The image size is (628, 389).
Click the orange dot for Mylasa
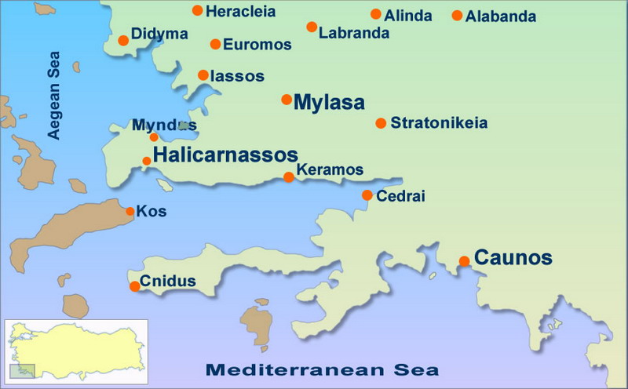point(287,100)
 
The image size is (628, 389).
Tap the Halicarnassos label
point(225,155)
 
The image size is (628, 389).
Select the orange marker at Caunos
point(465,261)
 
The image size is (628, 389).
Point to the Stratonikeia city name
point(439,123)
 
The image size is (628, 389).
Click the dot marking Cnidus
point(135,285)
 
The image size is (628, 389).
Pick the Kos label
point(152,211)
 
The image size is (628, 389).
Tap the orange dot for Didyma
point(123,41)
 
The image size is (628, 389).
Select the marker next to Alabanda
point(458,16)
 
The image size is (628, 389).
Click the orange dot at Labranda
point(312,27)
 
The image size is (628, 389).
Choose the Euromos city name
point(257,45)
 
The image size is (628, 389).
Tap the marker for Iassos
point(203,75)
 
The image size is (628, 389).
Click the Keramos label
point(330,169)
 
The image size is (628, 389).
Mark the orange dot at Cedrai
point(367,195)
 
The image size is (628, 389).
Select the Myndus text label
point(164,125)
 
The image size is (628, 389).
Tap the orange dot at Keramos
point(289,177)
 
